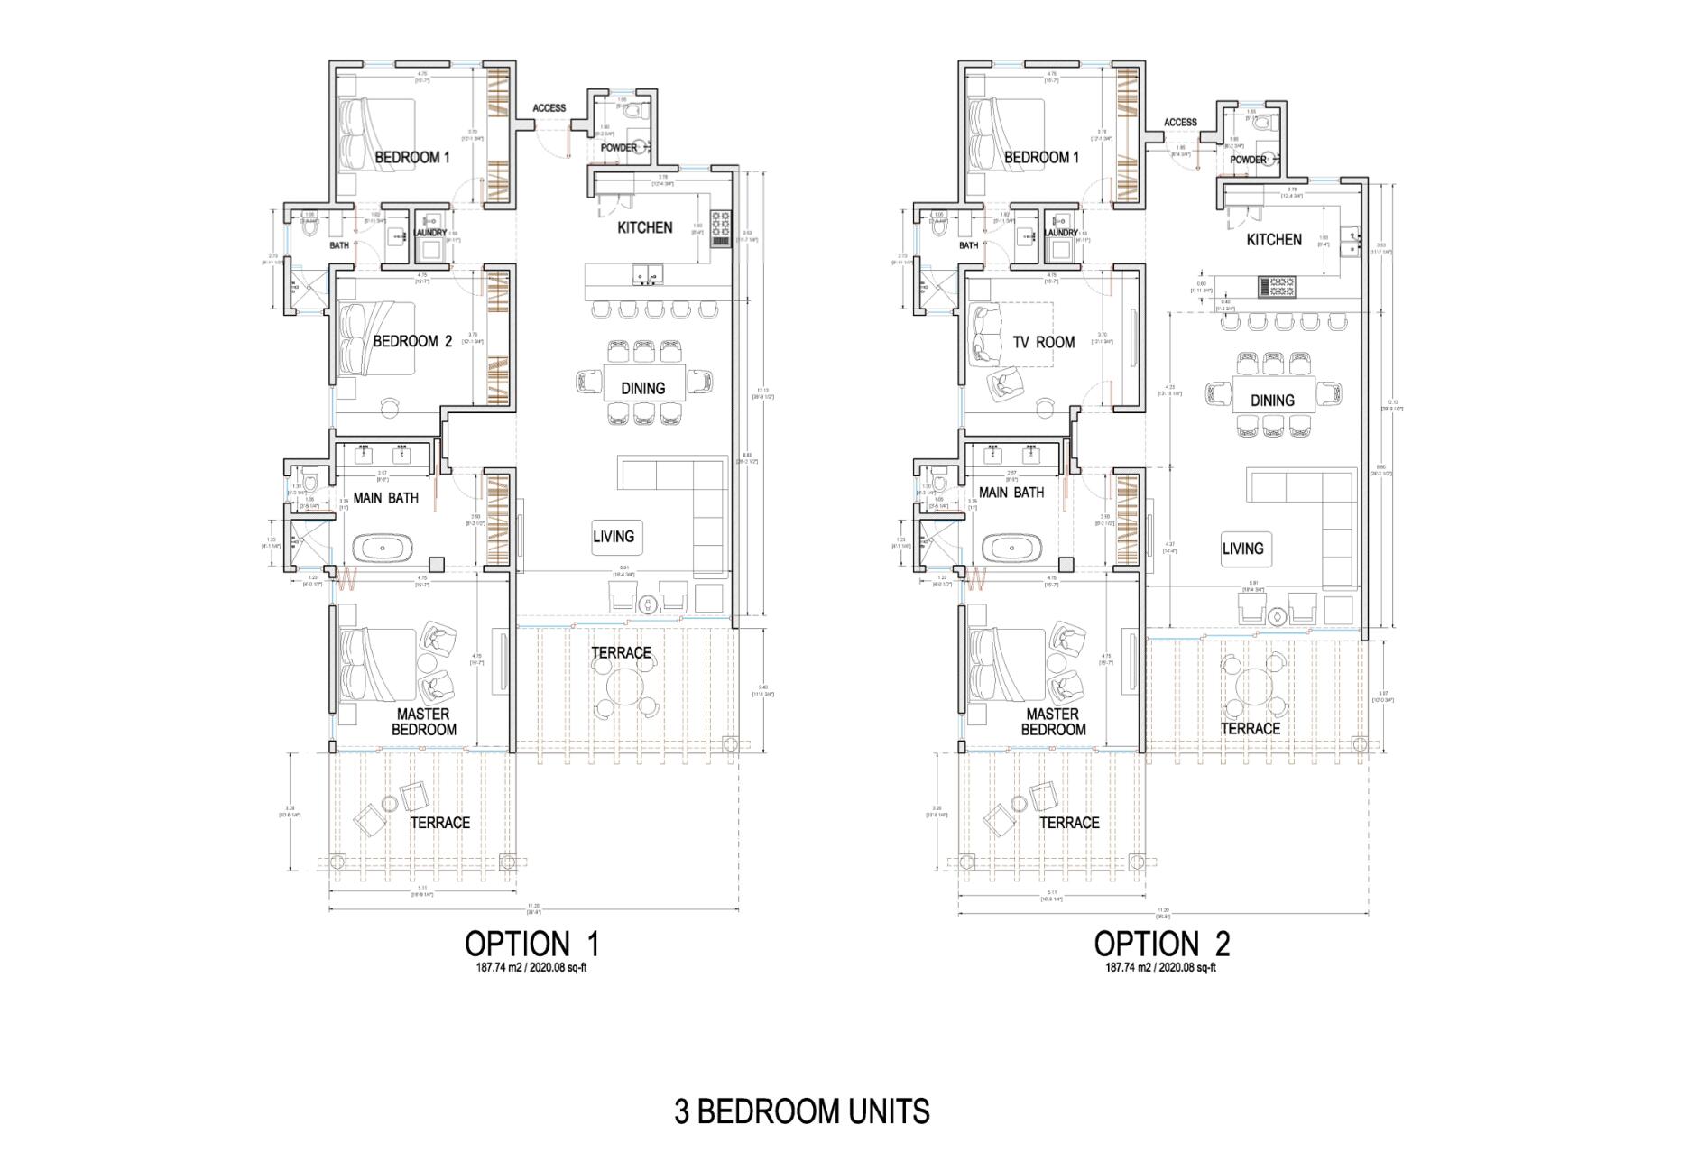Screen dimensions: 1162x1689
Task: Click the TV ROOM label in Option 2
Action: coord(1043,343)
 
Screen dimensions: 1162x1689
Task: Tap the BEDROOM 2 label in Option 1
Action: coord(412,342)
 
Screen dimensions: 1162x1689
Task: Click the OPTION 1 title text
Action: coord(531,944)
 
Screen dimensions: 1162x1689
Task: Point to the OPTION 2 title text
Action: coord(1161,944)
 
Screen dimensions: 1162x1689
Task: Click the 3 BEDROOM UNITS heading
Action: coord(801,1111)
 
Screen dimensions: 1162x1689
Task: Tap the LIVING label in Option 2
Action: coord(1242,549)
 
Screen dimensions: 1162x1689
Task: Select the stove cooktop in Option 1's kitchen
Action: coord(721,228)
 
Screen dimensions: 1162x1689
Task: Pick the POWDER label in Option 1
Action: coord(619,148)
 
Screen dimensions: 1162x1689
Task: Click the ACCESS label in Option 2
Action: coord(1180,123)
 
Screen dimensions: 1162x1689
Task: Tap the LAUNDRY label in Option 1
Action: coord(430,233)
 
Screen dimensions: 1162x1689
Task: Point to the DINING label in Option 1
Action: coord(642,389)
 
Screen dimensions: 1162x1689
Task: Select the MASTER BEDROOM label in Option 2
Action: coord(1053,722)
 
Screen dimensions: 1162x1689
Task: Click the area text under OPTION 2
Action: coord(1161,968)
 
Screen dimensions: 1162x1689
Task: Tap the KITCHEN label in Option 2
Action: coord(1274,240)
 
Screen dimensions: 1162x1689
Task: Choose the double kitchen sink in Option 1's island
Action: coord(648,272)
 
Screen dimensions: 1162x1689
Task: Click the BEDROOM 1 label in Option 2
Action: coord(1041,158)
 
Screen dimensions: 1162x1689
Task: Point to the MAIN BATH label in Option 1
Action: coord(385,498)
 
